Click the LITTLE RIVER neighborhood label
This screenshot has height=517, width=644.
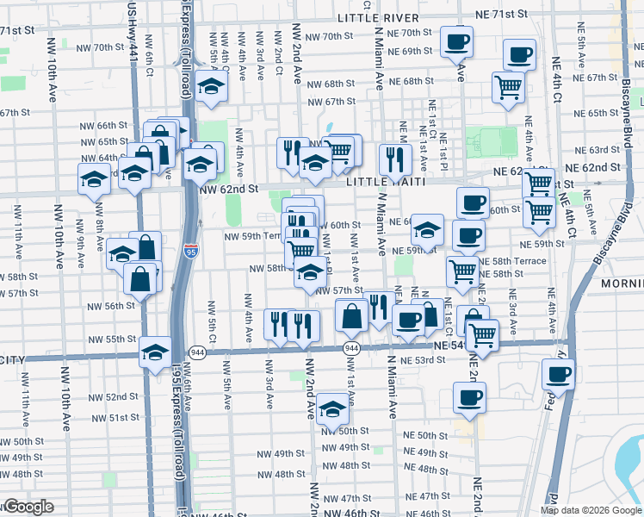click(378, 18)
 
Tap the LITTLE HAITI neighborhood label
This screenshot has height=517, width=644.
click(380, 184)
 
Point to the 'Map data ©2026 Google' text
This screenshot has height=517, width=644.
click(591, 510)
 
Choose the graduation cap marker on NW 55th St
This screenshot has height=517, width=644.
click(155, 352)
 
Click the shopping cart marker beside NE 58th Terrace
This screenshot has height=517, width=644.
click(463, 271)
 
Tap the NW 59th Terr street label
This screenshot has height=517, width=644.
click(251, 235)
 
